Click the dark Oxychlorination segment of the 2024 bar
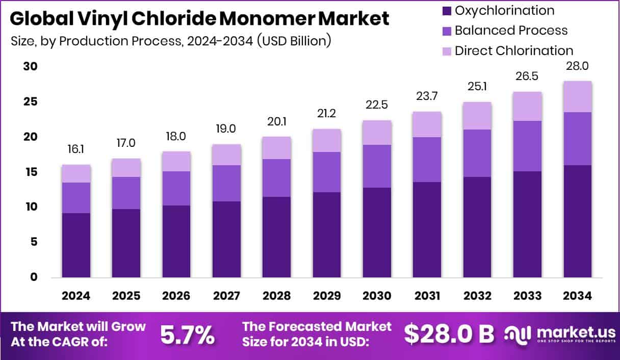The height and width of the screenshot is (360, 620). tap(76, 245)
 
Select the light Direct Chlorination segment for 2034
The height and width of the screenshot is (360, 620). tap(577, 96)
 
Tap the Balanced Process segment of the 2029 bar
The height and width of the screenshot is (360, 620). tap(327, 172)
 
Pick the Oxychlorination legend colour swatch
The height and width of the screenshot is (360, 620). tap(447, 10)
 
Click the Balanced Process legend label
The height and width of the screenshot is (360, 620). tap(511, 30)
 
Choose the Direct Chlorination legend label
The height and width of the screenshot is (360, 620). tap(514, 50)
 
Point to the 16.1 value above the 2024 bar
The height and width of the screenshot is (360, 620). tap(76, 150)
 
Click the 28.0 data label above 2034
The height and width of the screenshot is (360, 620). tap(577, 66)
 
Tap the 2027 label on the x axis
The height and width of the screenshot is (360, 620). tap(226, 296)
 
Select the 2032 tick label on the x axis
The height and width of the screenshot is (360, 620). tap(477, 296)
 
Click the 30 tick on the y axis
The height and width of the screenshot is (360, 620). tap(30, 67)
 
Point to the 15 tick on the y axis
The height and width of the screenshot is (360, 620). tap(30, 172)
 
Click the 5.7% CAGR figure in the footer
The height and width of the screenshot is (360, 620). tap(187, 335)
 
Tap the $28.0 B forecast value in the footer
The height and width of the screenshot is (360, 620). tap(449, 334)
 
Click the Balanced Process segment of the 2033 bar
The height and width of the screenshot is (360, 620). tap(527, 146)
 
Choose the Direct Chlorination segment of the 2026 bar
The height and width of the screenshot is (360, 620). tap(176, 161)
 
